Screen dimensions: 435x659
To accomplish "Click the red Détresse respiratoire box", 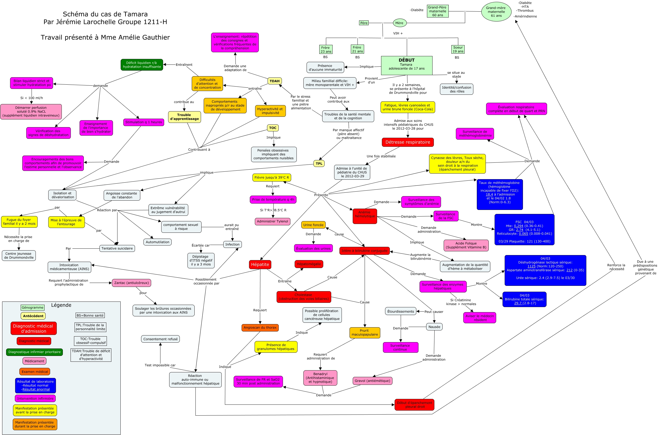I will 407,142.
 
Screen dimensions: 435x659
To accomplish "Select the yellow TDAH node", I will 274,81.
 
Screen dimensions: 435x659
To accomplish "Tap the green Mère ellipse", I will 399,23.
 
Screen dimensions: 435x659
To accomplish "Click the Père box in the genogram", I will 364,23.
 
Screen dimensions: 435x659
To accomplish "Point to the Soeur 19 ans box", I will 458,49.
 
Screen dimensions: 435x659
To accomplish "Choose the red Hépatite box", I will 260,264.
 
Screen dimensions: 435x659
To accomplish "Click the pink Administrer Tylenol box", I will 272,221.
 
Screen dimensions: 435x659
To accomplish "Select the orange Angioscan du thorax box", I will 260,328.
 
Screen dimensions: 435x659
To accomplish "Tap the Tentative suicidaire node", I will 117,249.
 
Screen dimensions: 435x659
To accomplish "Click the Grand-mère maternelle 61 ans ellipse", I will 496,12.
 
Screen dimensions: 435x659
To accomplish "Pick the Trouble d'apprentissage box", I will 184,117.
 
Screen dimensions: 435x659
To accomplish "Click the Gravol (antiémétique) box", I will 372,381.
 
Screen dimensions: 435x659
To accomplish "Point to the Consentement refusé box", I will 160,339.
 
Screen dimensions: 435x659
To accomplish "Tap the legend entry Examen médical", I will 35,372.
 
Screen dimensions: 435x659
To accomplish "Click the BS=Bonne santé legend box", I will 90,315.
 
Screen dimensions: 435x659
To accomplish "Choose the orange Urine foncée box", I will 313,225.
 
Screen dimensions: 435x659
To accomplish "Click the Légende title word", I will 61,305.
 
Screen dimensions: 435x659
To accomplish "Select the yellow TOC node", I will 273,128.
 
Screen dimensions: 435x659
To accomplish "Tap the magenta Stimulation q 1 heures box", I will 143,122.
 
